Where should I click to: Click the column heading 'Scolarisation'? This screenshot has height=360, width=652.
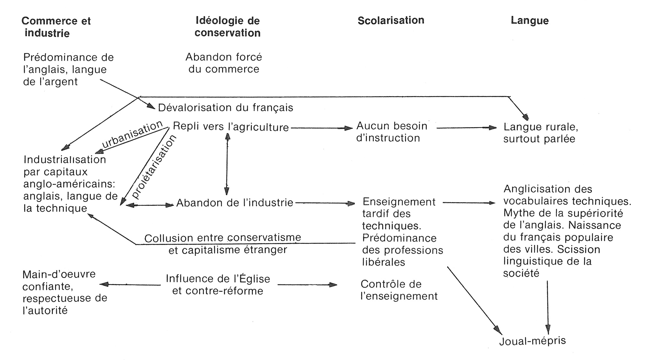(391, 21)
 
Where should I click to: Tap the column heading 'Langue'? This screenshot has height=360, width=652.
(529, 21)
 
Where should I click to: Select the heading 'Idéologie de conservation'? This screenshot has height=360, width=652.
(227, 27)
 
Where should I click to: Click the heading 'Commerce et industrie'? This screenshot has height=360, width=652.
(56, 27)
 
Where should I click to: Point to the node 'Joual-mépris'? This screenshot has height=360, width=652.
(532, 341)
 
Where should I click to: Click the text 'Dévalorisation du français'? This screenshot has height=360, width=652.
(225, 107)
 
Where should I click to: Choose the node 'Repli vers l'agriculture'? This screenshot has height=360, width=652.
(231, 127)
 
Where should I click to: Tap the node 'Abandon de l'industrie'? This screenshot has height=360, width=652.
(235, 203)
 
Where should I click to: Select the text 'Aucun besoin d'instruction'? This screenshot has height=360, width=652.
(392, 132)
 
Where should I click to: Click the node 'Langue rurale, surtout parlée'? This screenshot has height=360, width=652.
(540, 133)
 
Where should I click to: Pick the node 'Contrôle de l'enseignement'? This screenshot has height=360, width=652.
(399, 290)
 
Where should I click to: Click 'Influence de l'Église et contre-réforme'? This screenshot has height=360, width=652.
(218, 284)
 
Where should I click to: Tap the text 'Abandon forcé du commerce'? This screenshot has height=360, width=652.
(224, 63)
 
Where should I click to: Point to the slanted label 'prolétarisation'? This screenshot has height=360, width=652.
(153, 167)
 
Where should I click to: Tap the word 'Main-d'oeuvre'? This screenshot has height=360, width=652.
(59, 274)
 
